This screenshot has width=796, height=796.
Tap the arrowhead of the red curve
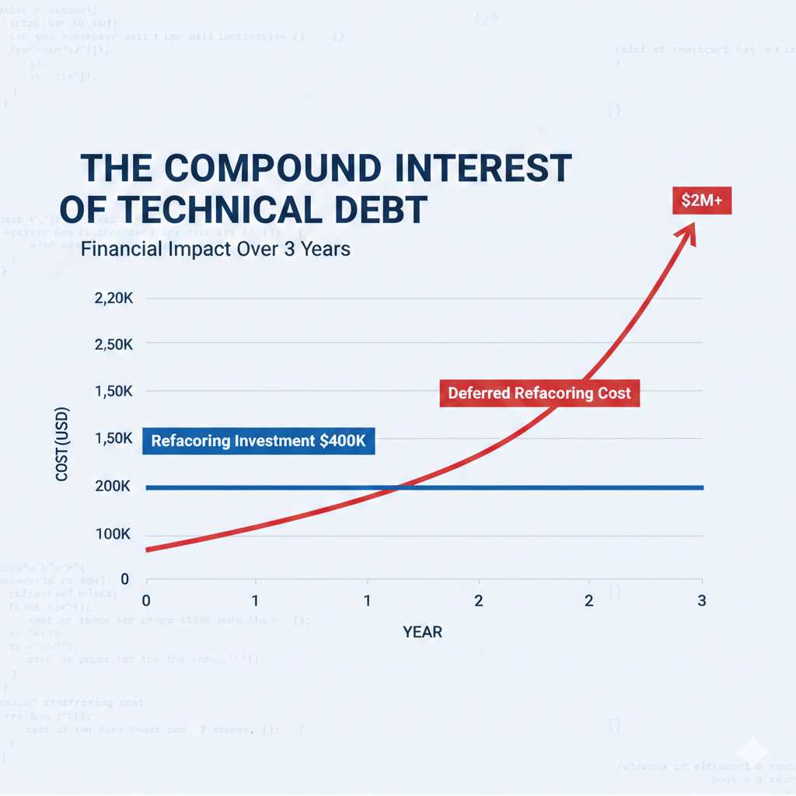tap(688, 232)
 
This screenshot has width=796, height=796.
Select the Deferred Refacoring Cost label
tap(539, 393)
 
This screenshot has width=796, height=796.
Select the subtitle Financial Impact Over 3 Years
tap(215, 250)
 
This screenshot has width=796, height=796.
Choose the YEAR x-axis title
tap(423, 631)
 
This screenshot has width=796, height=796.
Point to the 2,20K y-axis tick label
tap(113, 298)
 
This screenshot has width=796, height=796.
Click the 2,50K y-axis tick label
tap(113, 344)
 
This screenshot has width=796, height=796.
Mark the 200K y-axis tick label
tap(113, 487)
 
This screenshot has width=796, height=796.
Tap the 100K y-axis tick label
tap(113, 535)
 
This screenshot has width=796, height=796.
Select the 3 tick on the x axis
tap(702, 600)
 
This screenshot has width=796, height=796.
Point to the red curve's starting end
tap(148, 550)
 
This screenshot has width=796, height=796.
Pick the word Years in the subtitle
tap(326, 250)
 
